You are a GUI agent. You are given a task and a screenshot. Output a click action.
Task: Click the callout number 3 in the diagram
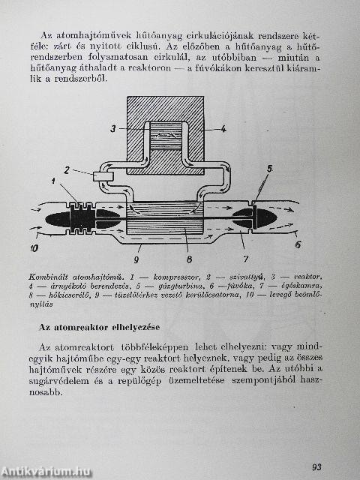click(x=113, y=128)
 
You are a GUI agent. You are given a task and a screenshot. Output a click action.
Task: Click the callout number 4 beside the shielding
click(x=223, y=128)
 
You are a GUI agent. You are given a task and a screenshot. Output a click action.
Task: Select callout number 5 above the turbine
click(x=269, y=169)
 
